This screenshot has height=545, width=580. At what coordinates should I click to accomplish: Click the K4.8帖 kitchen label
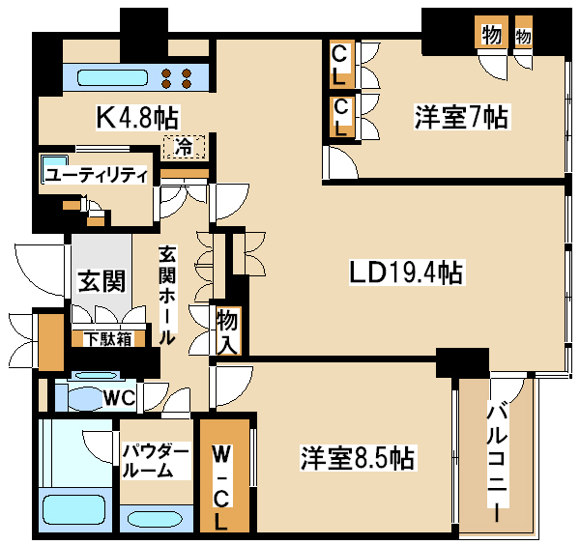(137, 118)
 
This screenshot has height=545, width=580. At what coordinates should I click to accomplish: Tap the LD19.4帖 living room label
(407, 273)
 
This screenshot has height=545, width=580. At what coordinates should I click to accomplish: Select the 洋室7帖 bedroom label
(462, 117)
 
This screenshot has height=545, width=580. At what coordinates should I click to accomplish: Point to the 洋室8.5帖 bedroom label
(357, 458)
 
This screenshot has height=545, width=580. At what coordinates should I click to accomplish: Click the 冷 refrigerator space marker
(184, 147)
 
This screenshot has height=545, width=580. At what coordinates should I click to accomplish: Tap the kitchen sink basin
(112, 78)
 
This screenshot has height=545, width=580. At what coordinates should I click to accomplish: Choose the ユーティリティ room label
(96, 175)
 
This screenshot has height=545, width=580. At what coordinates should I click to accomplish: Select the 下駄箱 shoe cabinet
(108, 338)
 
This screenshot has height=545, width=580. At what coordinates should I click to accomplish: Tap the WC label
(119, 398)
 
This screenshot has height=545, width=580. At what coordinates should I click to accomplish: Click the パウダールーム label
(156, 461)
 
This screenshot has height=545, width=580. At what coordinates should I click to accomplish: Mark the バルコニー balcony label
(497, 461)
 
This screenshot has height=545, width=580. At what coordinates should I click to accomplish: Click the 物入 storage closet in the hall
(228, 330)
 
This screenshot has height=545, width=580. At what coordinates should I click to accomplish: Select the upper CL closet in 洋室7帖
(342, 64)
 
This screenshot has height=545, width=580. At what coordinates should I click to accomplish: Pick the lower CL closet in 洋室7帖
(342, 117)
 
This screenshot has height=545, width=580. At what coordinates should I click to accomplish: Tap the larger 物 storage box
(492, 33)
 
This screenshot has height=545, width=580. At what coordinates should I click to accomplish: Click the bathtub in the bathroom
(74, 510)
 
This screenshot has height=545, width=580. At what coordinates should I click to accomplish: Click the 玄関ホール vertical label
(167, 295)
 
